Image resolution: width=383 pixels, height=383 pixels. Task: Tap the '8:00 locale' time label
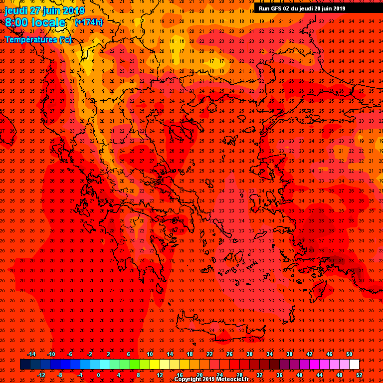tap(35, 23)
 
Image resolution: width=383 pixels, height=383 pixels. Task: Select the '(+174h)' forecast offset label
tap(89, 22)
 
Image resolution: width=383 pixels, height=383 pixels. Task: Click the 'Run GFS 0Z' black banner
tap(302, 8)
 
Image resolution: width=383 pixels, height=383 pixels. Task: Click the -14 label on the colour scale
tap(31, 354)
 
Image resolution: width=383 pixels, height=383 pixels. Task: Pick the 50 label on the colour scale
tap(350, 354)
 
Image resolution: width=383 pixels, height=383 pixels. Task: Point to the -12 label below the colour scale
tap(41, 375)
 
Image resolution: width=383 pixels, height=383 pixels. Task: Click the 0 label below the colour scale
tap(98, 375)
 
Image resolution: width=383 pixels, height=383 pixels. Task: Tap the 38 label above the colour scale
tap(290, 354)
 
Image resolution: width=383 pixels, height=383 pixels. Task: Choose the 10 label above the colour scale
tap(150, 354)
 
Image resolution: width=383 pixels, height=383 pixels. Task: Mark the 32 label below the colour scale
tap(260, 375)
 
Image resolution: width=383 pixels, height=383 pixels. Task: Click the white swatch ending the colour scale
tap(355, 365)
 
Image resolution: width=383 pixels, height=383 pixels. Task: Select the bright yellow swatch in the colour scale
tap(155, 365)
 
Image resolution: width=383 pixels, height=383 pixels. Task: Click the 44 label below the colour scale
tap(320, 375)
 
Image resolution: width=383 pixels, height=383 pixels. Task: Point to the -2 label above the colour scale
tap(89, 354)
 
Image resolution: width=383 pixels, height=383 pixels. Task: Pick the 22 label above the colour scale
tap(210, 354)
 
